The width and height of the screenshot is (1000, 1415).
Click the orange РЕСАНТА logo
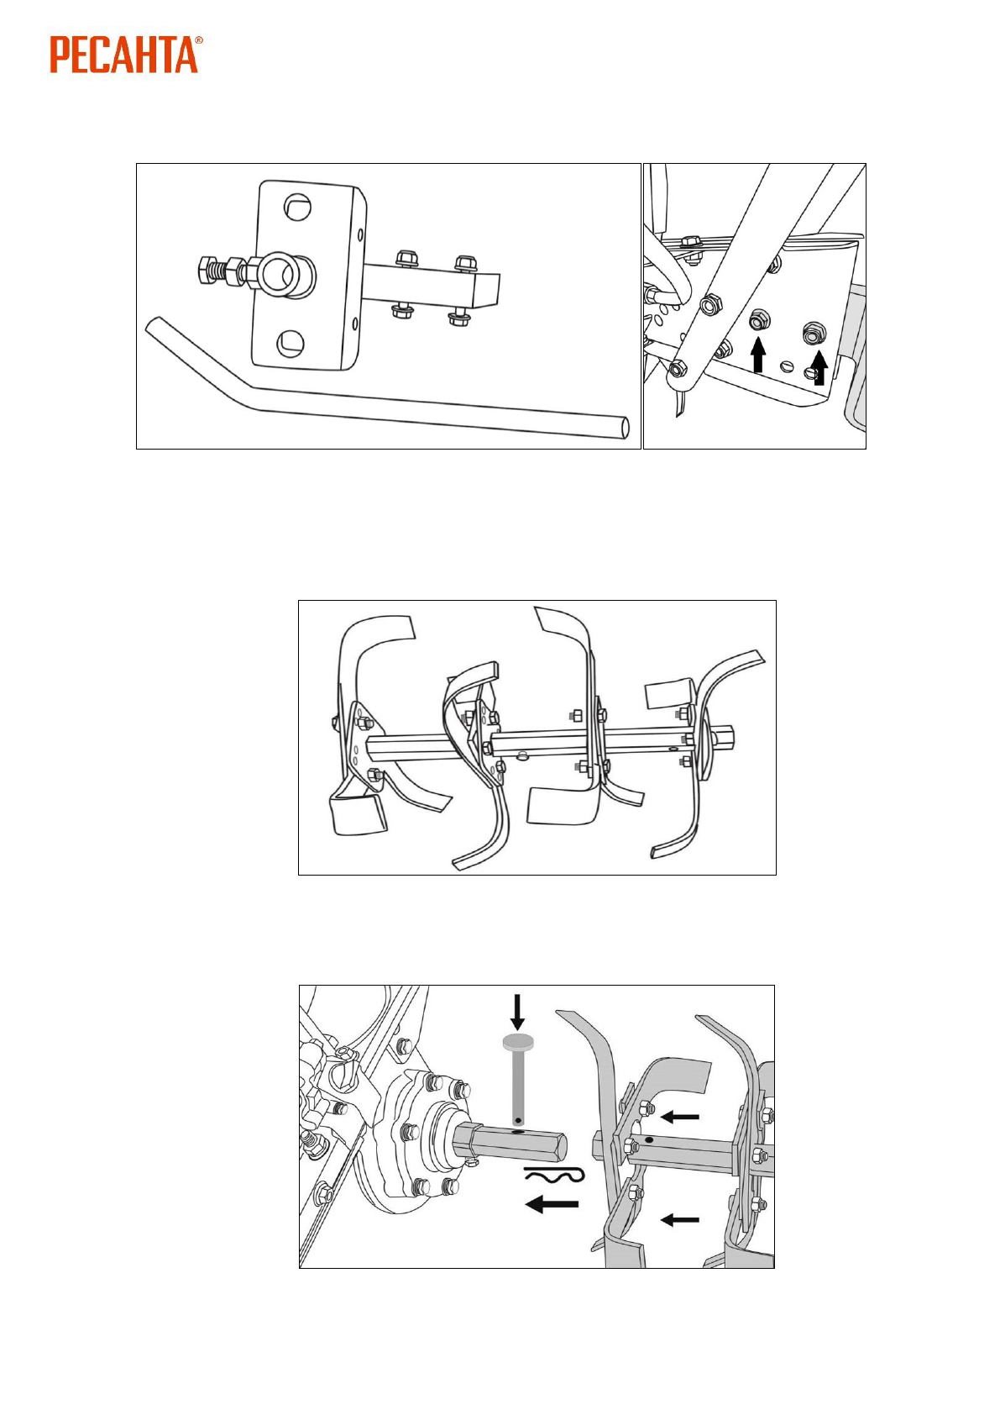click(124, 55)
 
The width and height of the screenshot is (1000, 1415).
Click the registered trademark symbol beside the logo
click(199, 39)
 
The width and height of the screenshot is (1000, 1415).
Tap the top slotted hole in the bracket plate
click(295, 206)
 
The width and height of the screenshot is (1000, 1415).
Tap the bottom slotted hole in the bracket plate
click(291, 340)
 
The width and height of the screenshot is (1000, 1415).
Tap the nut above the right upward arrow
click(813, 333)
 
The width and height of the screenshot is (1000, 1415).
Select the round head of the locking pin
click(517, 1043)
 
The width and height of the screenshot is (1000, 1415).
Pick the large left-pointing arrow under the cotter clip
click(552, 1205)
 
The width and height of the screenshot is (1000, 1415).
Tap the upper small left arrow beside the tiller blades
click(680, 1117)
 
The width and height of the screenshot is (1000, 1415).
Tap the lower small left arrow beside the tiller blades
click(680, 1219)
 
